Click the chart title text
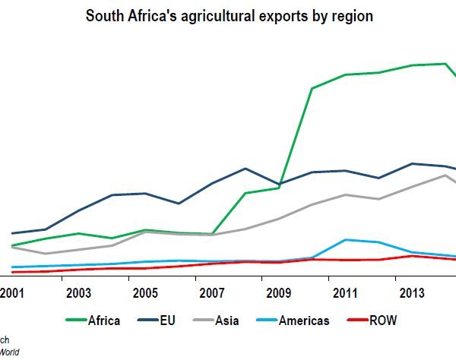(229, 16)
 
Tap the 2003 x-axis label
(78, 293)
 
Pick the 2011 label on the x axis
(346, 293)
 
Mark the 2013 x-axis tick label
(412, 293)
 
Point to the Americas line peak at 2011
(346, 240)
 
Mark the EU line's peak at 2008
(245, 169)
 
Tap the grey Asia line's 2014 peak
(445, 175)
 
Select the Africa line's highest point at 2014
(445, 64)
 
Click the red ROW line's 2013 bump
(412, 256)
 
